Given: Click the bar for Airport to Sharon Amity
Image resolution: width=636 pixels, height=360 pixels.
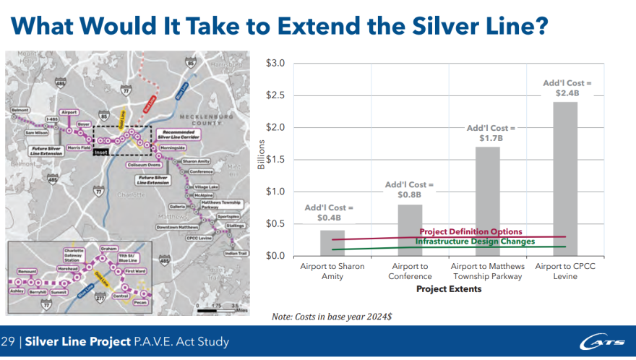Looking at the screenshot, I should [x=332, y=244].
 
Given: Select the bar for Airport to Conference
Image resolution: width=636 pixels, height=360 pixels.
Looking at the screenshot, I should [x=410, y=230].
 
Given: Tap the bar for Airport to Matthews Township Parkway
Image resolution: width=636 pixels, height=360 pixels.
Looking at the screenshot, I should [x=488, y=201].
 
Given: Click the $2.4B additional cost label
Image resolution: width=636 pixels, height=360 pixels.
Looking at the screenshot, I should [x=567, y=88].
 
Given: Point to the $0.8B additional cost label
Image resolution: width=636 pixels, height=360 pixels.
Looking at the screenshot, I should [x=410, y=190].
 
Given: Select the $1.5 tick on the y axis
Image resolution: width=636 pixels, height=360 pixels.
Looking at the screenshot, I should [x=275, y=160].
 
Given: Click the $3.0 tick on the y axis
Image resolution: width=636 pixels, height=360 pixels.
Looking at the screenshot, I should [x=275, y=64].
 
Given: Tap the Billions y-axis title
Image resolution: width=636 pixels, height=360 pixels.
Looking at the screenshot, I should [x=261, y=154].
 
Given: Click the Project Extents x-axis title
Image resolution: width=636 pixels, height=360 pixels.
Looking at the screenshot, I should [x=449, y=289].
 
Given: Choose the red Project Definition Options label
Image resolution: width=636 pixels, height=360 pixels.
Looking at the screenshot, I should [x=470, y=231].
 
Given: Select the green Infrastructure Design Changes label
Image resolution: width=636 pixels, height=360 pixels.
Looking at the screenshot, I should [x=475, y=241].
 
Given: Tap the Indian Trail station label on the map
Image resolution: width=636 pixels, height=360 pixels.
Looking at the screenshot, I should [x=236, y=254].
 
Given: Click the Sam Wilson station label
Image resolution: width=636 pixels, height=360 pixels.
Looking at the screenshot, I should [x=36, y=133].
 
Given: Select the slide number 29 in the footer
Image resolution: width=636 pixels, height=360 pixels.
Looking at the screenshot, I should [x=9, y=341].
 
